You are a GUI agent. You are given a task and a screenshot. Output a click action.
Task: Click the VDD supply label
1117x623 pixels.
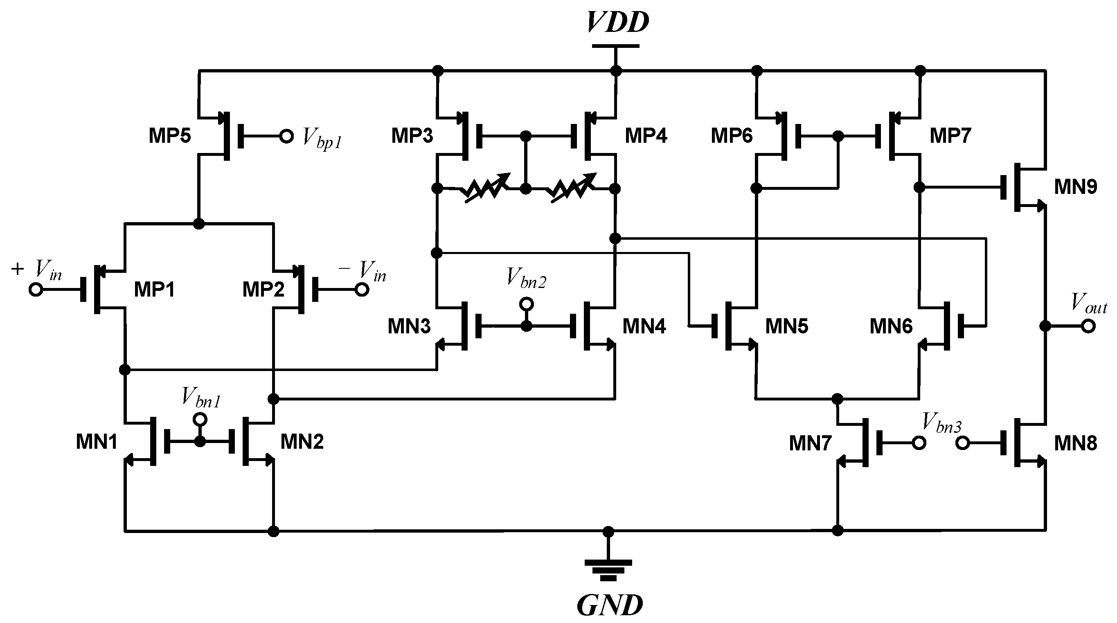pyautogui.click(x=617, y=22)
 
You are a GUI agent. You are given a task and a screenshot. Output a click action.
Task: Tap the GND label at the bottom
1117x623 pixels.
pyautogui.click(x=610, y=605)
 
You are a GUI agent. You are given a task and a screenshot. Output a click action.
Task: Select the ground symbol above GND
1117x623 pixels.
pyautogui.click(x=608, y=570)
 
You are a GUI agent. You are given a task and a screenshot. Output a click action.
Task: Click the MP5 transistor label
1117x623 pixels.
pyautogui.click(x=169, y=136)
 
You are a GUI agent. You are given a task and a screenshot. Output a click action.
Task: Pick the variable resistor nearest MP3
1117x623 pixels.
pyautogui.click(x=485, y=189)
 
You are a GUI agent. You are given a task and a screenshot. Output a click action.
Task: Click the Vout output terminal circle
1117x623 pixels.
pyautogui.click(x=1088, y=326)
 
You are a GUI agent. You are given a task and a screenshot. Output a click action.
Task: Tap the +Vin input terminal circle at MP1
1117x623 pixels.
pyautogui.click(x=36, y=289)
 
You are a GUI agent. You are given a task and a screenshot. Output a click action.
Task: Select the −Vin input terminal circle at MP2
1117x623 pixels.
pyautogui.click(x=362, y=289)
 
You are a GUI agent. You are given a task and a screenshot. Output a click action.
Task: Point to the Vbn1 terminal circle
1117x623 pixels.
pyautogui.click(x=200, y=419)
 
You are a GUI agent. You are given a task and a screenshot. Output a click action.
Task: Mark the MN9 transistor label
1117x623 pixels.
pyautogui.click(x=1075, y=187)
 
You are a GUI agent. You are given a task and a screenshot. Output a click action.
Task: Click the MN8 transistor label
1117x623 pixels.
pyautogui.click(x=1075, y=443)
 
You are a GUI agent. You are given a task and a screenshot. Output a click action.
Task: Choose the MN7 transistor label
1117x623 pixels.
pyautogui.click(x=810, y=443)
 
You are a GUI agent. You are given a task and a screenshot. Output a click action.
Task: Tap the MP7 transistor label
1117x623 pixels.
pyautogui.click(x=950, y=136)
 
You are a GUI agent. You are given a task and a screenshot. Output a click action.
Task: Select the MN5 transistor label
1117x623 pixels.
pyautogui.click(x=786, y=326)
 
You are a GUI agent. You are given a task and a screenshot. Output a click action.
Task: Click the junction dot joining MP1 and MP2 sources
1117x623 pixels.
pyautogui.click(x=198, y=224)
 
